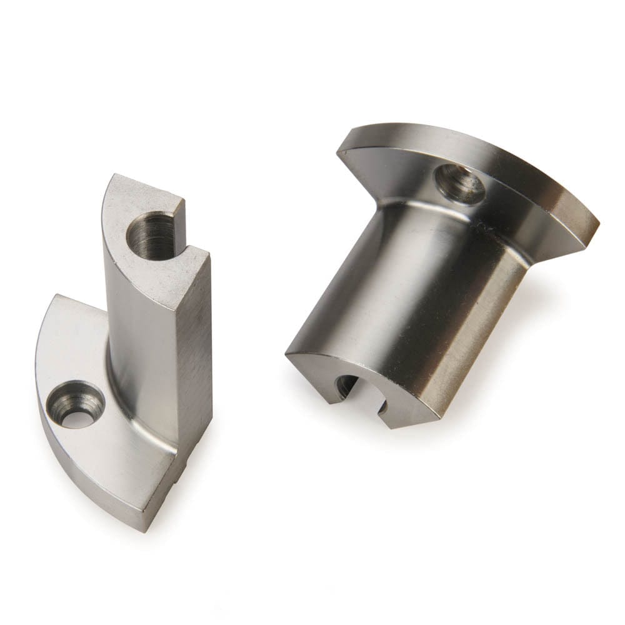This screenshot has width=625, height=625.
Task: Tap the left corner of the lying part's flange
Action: pyautogui.click(x=341, y=147)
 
